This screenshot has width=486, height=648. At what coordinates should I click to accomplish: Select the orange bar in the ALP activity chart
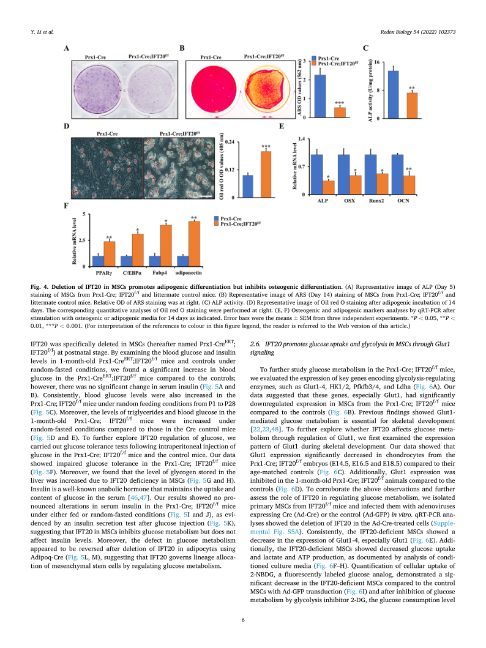coord(413,105)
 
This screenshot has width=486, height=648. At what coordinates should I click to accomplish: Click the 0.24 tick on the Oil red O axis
coord(230,142)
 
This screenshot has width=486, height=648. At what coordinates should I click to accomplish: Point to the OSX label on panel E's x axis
coord(350,200)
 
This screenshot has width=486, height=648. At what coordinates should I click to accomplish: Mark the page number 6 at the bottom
coord(243,620)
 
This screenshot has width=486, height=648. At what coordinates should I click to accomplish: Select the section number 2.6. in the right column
coord(258,346)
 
